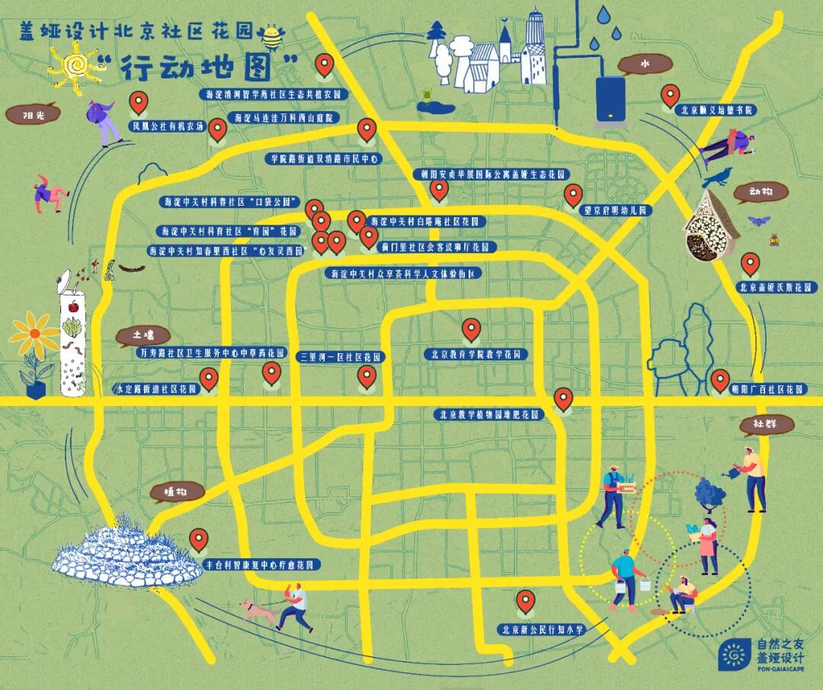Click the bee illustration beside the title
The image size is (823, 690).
click(x=271, y=36)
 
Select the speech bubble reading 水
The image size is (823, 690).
click(x=639, y=65)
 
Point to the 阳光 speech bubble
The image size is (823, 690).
click(x=32, y=115)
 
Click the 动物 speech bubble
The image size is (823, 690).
click(x=761, y=192)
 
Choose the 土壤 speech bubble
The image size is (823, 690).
click(x=143, y=335)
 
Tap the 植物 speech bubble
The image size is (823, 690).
click(x=178, y=492)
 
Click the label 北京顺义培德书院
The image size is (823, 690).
click(x=716, y=110)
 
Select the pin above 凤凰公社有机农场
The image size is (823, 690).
click(x=138, y=101)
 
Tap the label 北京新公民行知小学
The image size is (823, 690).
click(x=542, y=630)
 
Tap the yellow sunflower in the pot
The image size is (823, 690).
click(x=34, y=335)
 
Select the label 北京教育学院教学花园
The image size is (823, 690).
click(x=476, y=354)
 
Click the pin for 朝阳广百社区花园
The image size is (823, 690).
click(x=720, y=379)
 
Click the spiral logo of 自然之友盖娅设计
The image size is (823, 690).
click(x=734, y=654)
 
